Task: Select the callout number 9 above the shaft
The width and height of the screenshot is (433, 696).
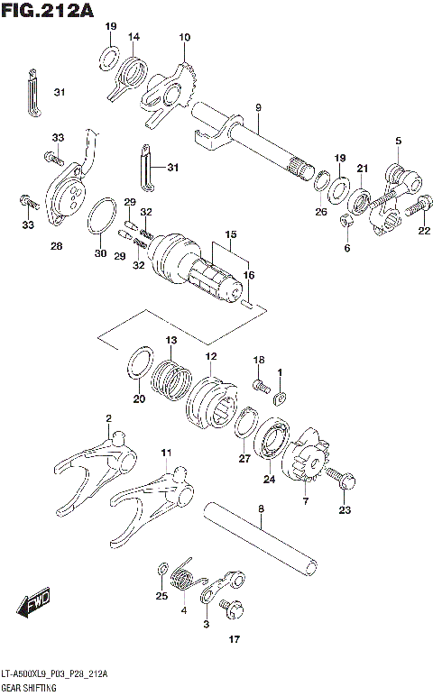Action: pos(257,108)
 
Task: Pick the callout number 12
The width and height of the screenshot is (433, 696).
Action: pos(210,357)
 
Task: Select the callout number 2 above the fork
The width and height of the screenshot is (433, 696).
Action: pos(108,418)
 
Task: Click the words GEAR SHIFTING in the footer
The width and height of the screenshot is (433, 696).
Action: pos(31,688)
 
